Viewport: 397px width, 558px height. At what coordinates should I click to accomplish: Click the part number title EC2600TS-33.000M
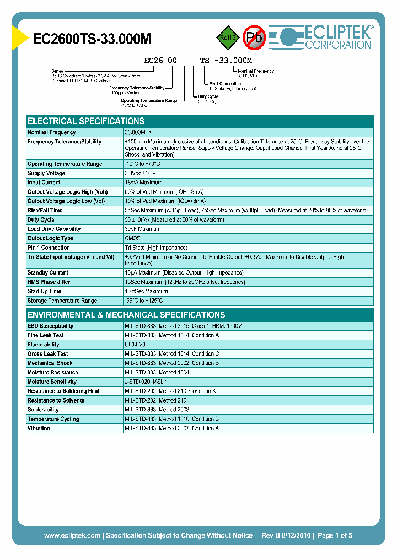[92, 39]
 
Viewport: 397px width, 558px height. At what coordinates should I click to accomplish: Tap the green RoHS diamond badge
[227, 37]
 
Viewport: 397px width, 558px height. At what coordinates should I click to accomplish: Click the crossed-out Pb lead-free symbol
[255, 37]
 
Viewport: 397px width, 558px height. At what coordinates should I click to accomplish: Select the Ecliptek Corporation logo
[325, 37]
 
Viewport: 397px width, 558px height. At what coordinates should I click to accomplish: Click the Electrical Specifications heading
[86, 121]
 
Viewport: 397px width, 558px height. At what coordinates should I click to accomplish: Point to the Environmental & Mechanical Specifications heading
[126, 315]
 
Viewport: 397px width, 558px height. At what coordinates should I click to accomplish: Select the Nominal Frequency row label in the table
[52, 132]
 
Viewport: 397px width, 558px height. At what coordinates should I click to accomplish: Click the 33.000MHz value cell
[138, 132]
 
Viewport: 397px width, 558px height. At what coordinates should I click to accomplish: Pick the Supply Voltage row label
[46, 173]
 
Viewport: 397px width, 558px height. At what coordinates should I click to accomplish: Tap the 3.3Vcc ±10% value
[141, 173]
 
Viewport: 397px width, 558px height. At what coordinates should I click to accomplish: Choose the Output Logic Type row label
[50, 238]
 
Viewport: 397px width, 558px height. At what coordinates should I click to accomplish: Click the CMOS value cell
[132, 238]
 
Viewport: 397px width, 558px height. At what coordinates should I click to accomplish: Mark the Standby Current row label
[48, 272]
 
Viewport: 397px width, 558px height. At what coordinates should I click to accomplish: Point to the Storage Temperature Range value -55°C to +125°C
[144, 301]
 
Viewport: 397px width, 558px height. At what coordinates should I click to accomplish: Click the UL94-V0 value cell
[135, 345]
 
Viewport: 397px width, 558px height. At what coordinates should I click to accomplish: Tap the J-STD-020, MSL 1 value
[147, 382]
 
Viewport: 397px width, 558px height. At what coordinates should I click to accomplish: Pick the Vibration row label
[39, 428]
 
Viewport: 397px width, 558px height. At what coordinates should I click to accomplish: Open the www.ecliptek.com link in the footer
[72, 535]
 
